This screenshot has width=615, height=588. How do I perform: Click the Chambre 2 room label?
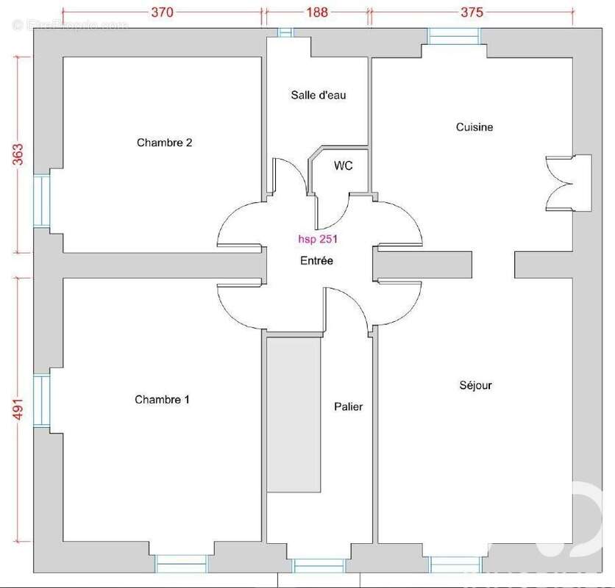pos(164,143)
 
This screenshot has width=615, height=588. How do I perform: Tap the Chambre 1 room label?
pos(162,399)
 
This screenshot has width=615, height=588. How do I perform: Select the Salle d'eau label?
pos(319,95)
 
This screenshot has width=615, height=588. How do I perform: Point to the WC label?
pos(344,165)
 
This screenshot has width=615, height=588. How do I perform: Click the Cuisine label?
pos(474,126)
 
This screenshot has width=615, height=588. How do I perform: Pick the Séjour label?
pos(476,385)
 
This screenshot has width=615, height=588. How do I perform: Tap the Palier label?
pos(348,406)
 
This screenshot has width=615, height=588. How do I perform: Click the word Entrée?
pos(316,260)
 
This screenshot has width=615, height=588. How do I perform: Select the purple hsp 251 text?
pos(318,239)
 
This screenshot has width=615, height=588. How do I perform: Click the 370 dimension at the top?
pos(163,12)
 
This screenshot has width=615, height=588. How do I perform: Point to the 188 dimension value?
pos(317,12)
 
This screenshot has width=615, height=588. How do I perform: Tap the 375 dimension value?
pos(472,12)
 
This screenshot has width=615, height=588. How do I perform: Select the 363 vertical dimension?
pos(18,154)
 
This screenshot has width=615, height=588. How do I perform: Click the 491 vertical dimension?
pos(18,409)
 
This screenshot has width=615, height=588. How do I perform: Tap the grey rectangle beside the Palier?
pos(294,415)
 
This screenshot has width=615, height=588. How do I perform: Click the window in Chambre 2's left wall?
pos(42,201)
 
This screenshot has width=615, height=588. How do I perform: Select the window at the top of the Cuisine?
pos(454,37)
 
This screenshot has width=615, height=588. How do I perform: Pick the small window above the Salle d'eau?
pos(285,32)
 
